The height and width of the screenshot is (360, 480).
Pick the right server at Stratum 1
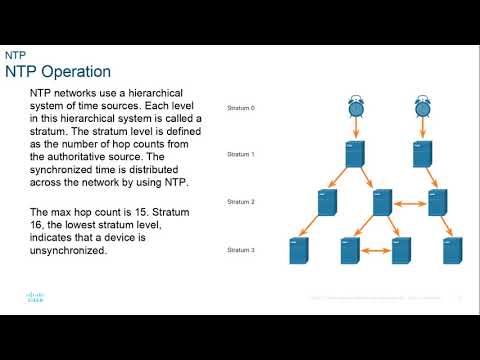[x=424, y=154]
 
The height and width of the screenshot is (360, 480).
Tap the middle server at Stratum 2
[x=381, y=202]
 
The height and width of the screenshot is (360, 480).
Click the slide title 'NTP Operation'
[x=58, y=72]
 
